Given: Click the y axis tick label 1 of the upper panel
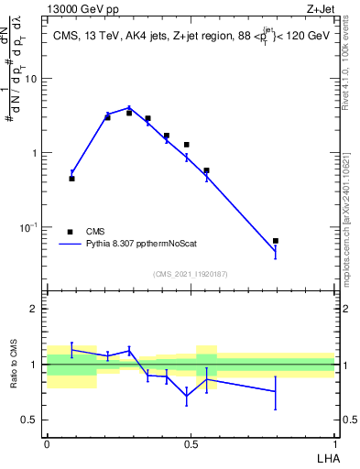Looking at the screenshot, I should (35, 153).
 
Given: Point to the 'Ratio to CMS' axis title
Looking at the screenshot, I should (16, 365).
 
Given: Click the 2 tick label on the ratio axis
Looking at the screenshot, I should (35, 309).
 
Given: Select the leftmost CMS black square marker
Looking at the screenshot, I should (71, 179).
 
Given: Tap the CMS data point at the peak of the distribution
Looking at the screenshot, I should (129, 113).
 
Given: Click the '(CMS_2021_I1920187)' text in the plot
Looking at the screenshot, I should (191, 273).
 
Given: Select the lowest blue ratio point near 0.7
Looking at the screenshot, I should (187, 397).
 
